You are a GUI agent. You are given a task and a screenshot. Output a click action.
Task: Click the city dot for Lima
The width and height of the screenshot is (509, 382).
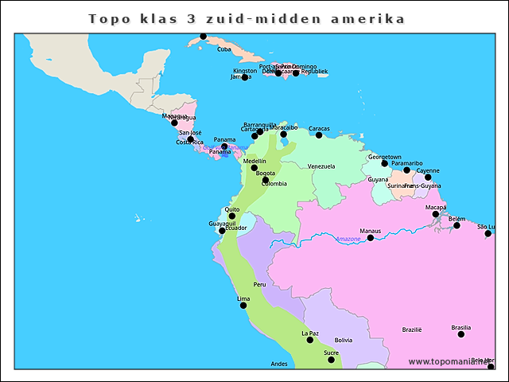243,306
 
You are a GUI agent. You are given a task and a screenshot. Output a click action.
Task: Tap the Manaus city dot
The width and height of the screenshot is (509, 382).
370,238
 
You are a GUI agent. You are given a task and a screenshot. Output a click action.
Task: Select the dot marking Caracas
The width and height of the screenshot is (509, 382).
319,135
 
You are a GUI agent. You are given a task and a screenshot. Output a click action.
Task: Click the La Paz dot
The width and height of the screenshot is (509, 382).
310,340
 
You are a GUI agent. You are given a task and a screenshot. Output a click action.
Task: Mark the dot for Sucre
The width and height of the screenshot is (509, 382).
332,360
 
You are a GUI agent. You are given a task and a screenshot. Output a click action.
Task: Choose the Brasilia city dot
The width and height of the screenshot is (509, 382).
461,334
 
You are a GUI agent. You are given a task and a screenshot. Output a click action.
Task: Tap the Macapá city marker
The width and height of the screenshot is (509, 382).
435,214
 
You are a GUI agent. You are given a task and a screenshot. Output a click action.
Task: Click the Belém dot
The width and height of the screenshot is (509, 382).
457,225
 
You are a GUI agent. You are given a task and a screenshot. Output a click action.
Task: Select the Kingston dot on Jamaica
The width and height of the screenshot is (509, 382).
245,77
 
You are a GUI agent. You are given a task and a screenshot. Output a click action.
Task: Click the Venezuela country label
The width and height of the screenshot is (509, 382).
321,166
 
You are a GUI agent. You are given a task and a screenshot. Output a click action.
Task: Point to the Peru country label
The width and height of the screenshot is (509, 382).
259,284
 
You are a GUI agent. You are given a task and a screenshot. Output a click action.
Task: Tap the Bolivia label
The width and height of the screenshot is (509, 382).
344,340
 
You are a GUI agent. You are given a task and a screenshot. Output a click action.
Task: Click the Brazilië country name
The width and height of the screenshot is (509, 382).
412,329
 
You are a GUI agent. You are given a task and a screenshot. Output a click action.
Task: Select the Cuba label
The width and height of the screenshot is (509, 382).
223,49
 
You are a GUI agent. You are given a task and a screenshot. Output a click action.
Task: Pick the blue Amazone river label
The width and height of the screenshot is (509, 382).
348,240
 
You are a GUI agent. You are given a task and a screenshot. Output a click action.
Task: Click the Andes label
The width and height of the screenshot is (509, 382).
279,364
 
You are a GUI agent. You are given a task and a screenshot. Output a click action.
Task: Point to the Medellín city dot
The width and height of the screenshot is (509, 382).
254,168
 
